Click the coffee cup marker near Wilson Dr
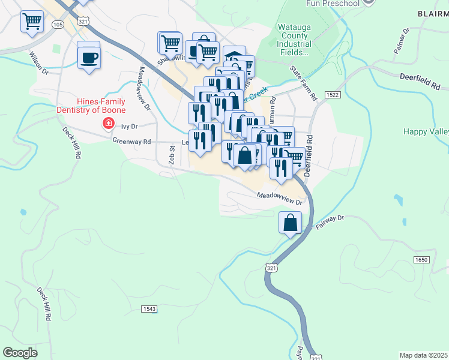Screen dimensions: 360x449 [89, 58]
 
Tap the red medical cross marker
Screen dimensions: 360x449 [109, 124]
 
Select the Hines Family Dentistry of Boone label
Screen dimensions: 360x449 [91, 106]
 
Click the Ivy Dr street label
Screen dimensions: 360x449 [130, 127]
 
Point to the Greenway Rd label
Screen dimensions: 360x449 [131, 141]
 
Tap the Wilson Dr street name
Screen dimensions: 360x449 [38, 62]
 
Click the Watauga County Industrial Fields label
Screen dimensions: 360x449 [294, 40]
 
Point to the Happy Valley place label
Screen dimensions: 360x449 [426, 131]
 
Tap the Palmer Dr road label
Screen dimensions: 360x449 [402, 41]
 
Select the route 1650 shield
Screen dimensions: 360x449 [421, 259]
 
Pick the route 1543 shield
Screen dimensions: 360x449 [149, 308]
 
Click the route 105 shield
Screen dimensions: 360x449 [58, 25]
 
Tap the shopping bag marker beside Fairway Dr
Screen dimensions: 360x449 [291, 223]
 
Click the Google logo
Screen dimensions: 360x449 [20, 353]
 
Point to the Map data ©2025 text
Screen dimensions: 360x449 [423, 355]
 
